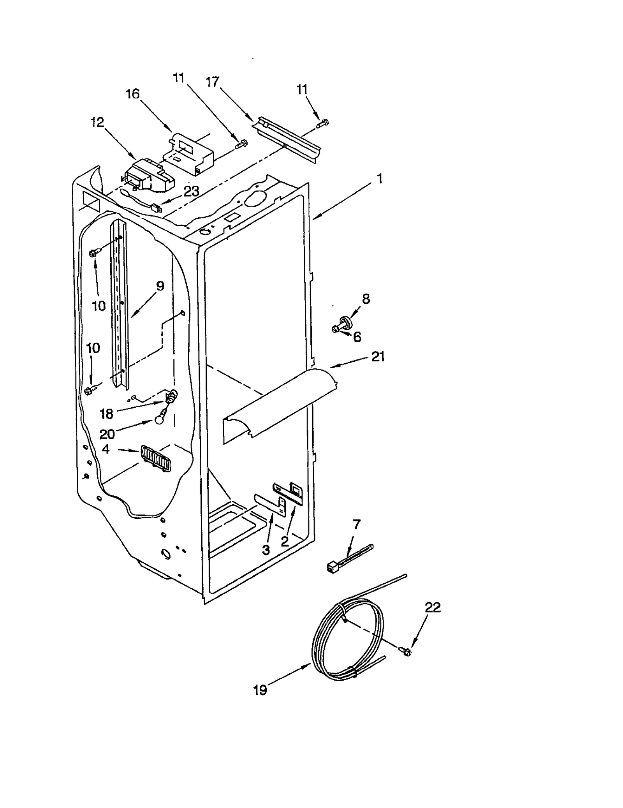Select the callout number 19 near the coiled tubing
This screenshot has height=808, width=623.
click(x=260, y=690)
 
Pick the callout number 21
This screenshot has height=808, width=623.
click(x=378, y=356)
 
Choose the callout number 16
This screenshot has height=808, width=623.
click(x=132, y=94)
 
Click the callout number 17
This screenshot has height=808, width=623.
click(x=213, y=82)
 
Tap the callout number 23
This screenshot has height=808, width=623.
click(x=191, y=191)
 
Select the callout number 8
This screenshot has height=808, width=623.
click(x=366, y=299)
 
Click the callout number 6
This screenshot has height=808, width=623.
click(x=357, y=337)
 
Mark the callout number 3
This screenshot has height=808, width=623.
click(x=266, y=550)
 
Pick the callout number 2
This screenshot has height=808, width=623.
click(x=285, y=541)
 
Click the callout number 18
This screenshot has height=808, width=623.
click(x=106, y=414)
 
